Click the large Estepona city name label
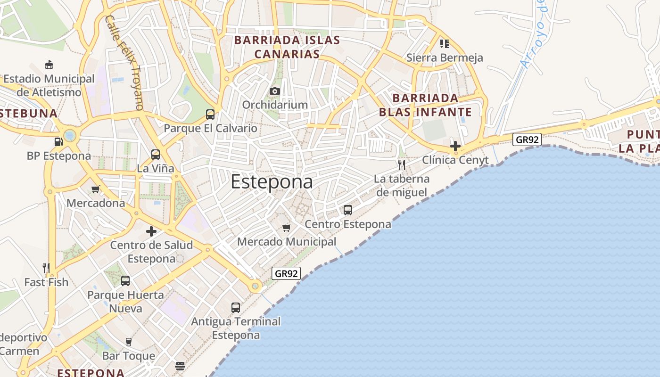(x=272, y=182)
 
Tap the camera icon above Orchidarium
(x=275, y=91)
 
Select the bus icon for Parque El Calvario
(x=210, y=114)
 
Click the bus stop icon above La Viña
(x=156, y=154)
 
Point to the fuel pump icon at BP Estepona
(x=58, y=141)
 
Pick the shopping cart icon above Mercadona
(x=96, y=189)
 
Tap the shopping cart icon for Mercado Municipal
(x=286, y=228)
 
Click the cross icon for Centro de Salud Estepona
(x=151, y=231)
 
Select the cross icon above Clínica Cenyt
(x=455, y=146)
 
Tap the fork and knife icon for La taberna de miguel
(x=402, y=164)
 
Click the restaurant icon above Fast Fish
(x=46, y=268)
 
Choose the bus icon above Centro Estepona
(x=348, y=210)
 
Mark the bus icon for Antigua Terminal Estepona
(x=236, y=308)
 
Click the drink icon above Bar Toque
(x=128, y=342)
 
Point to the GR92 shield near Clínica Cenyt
(x=527, y=139)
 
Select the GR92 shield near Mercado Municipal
(x=286, y=273)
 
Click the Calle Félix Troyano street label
(x=124, y=62)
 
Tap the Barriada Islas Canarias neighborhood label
(x=287, y=47)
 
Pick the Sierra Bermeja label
(x=445, y=58)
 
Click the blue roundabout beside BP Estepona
(x=70, y=136)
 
